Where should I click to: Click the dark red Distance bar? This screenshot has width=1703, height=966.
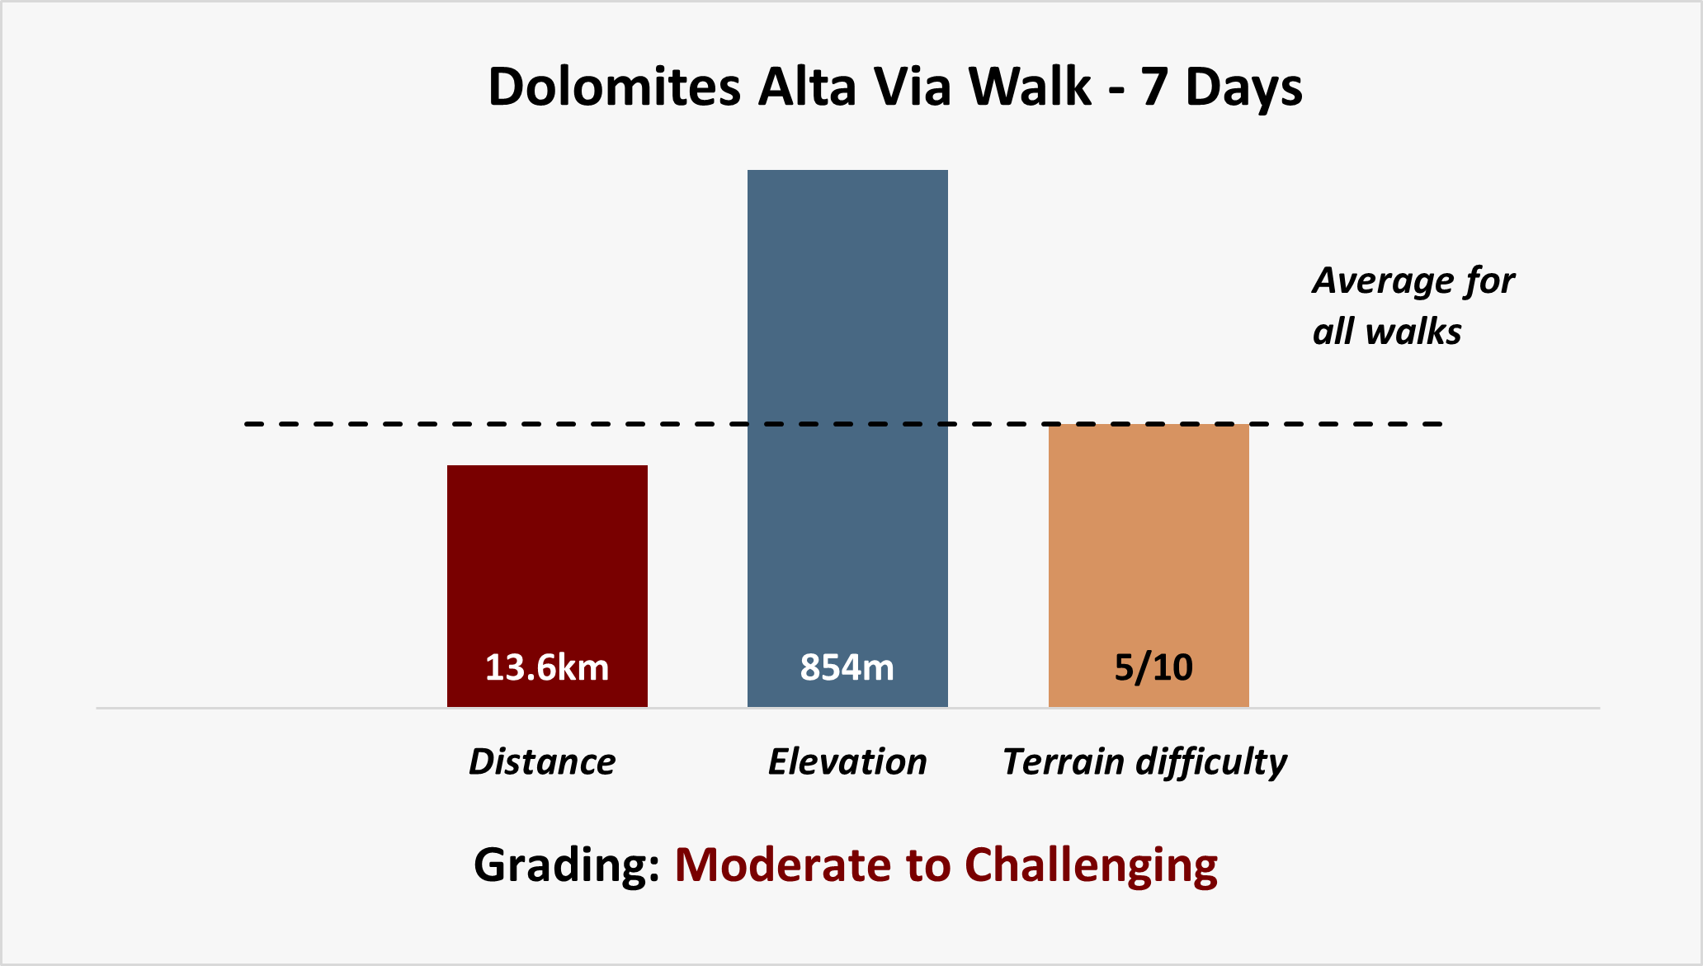(x=547, y=586)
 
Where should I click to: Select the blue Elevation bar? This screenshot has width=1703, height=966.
(x=847, y=438)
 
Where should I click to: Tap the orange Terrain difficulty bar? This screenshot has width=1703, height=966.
(x=1149, y=565)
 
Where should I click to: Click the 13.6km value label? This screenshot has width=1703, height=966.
(x=547, y=667)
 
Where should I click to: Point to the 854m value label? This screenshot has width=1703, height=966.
(x=847, y=667)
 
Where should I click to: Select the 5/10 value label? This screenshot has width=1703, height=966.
(x=1153, y=667)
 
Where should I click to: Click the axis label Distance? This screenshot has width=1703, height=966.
(x=542, y=761)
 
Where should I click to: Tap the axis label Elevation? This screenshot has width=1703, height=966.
(x=847, y=761)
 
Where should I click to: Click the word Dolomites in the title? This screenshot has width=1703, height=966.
(x=615, y=87)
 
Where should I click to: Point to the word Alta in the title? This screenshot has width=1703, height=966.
(x=807, y=87)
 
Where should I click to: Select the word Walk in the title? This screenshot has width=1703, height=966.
(x=1031, y=87)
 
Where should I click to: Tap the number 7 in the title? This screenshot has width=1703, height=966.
(x=1154, y=87)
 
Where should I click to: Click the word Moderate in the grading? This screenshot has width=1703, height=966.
(x=783, y=865)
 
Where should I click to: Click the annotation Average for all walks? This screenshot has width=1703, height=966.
(x=1413, y=306)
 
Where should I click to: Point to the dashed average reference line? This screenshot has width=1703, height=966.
(x=843, y=424)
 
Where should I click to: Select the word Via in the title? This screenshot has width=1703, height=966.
(x=912, y=87)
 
